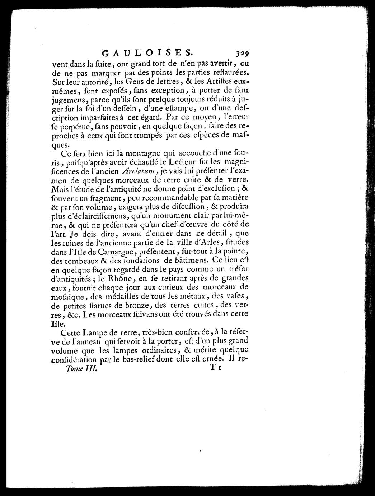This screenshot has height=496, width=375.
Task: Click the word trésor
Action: tap(235, 269)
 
